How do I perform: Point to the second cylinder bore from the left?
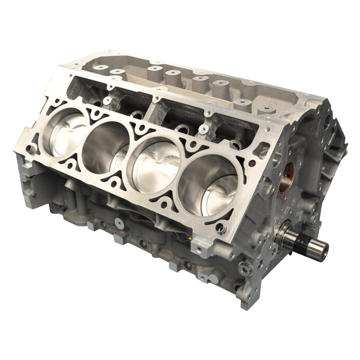[x=108, y=144]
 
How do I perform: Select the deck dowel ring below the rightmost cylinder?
[x=220, y=228]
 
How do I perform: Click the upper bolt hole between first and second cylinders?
[x=95, y=114]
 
